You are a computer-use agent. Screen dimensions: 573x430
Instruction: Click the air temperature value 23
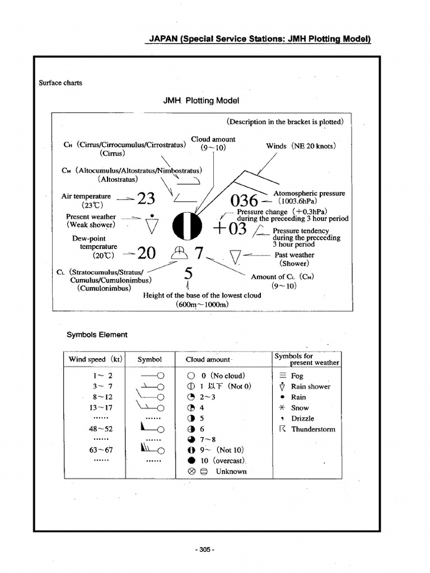(x=146, y=199)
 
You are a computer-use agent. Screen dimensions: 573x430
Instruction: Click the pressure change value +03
(x=230, y=228)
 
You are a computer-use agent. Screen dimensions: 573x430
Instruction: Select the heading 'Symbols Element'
(x=97, y=335)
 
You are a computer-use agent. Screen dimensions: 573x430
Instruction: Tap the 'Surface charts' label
(x=60, y=83)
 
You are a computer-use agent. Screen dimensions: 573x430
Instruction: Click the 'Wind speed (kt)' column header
(x=95, y=359)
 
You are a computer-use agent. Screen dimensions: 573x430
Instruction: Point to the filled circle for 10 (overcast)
(x=191, y=461)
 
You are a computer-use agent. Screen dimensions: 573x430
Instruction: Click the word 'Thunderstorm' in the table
(x=313, y=429)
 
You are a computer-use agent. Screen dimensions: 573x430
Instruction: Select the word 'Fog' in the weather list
(x=297, y=376)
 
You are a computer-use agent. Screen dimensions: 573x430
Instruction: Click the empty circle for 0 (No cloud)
(x=191, y=376)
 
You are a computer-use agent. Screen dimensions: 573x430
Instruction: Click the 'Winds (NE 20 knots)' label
(x=301, y=146)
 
